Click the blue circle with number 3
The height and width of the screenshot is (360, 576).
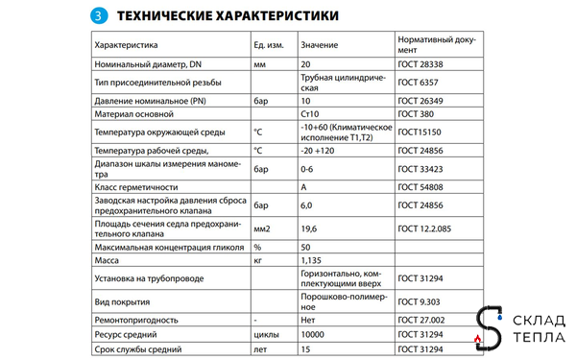[x=96, y=16]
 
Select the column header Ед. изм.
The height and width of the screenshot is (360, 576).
[x=268, y=45]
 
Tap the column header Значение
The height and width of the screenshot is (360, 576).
[x=320, y=45]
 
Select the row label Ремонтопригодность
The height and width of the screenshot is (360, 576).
[x=136, y=319]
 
